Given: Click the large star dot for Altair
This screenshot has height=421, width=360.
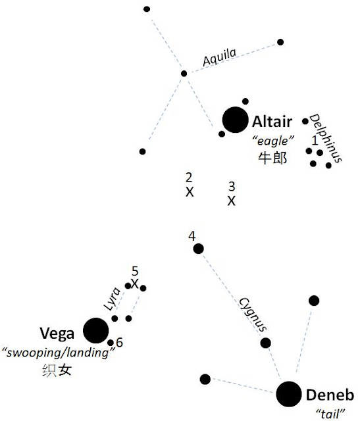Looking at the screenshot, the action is click(235, 120).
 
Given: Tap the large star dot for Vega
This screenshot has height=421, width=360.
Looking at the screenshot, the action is click(96, 330).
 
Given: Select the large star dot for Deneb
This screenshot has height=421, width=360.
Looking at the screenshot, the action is click(289, 394).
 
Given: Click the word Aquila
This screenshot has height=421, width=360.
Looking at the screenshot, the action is click(220, 57).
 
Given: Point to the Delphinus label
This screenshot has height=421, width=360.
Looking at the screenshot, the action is click(326, 138).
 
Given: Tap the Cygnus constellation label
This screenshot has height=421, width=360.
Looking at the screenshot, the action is click(253, 314).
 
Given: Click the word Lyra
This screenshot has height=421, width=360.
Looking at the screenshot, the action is click(112, 299).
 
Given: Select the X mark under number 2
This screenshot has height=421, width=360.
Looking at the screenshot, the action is click(190, 192).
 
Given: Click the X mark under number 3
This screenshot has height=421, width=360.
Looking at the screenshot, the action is click(231, 201).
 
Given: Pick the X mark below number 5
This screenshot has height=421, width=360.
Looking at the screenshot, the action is click(135, 284).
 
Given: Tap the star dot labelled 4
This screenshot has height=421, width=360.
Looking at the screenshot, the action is click(199, 249).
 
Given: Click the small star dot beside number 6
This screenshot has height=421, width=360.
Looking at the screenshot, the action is click(111, 343).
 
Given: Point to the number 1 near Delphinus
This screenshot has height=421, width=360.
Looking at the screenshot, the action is click(315, 140).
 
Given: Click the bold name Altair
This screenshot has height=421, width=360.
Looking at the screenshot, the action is click(272, 122).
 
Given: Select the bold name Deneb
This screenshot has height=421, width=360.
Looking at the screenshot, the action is click(330, 395).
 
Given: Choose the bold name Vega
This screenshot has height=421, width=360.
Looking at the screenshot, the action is click(57, 334).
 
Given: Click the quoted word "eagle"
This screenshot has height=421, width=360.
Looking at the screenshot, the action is click(273, 141).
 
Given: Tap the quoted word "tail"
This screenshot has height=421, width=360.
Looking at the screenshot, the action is click(331, 414).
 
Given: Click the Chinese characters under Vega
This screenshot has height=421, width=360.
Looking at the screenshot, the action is click(57, 370).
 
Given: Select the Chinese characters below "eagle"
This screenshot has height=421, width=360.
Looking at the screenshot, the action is click(272, 158).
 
